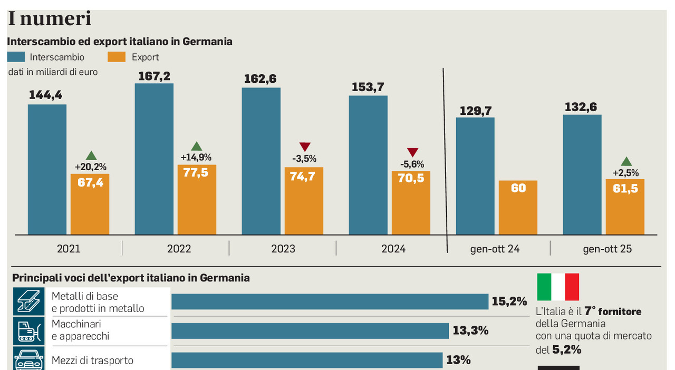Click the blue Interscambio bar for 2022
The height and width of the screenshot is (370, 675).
154,159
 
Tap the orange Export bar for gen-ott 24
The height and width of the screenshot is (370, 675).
518,208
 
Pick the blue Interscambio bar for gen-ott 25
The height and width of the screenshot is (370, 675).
582,174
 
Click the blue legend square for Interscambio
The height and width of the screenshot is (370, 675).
16,57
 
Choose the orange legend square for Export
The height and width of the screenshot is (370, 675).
116,57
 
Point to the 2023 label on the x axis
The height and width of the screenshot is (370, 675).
283,249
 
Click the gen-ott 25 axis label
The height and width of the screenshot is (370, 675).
607,249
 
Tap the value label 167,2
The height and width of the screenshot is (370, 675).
154,76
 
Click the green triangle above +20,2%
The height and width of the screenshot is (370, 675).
91,155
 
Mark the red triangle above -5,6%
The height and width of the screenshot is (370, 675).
412,152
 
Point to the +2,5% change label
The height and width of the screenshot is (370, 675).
625,172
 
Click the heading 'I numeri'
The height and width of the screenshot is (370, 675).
50,19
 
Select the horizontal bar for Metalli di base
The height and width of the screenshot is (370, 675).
330,301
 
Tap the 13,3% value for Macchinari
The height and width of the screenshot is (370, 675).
470,331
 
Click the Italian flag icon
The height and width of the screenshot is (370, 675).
558,287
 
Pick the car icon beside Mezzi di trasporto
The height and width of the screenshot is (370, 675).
29,359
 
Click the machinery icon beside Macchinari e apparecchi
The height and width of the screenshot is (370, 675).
29,330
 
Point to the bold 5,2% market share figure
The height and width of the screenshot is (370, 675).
567,349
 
